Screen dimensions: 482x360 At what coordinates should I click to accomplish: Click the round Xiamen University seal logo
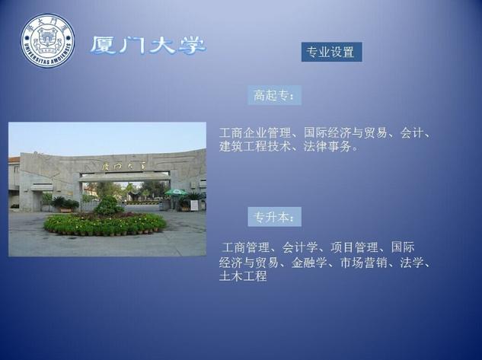tap(48, 40)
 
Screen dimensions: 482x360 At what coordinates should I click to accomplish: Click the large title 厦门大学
tap(148, 46)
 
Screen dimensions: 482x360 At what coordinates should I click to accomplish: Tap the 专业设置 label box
tap(331, 52)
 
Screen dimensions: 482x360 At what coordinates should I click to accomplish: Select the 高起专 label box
tap(275, 95)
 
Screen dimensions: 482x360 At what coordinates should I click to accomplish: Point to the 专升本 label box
tap(275, 217)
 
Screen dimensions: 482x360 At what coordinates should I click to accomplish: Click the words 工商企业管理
tap(255, 133)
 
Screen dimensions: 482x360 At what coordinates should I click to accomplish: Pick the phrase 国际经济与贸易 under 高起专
tap(345, 133)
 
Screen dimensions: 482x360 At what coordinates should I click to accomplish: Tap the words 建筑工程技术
tap(255, 146)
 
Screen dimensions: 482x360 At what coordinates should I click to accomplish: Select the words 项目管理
tap(354, 247)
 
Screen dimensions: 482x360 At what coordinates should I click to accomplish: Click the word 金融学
tap(309, 263)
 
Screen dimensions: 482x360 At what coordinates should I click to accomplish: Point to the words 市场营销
tap(364, 263)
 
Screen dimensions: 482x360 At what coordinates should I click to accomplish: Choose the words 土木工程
tap(243, 276)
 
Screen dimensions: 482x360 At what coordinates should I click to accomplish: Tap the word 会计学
tap(300, 247)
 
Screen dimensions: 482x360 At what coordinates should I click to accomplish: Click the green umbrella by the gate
tap(176, 193)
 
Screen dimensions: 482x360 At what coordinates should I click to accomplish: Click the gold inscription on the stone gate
tap(124, 167)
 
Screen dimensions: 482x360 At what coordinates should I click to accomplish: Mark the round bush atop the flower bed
tap(108, 205)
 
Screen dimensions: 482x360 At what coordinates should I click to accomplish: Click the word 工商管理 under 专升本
tap(245, 247)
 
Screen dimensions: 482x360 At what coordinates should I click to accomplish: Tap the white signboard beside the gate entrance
tap(194, 205)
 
